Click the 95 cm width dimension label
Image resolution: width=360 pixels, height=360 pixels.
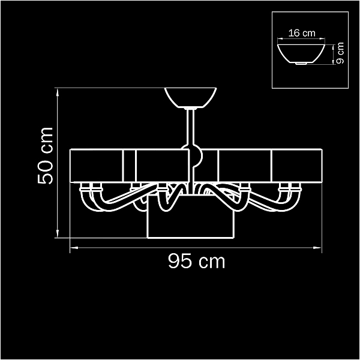coord(197,261)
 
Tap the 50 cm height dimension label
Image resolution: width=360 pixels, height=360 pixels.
coord(45,155)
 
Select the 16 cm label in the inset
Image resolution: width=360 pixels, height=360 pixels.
coord(302,33)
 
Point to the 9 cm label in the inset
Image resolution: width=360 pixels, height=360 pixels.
coord(340,53)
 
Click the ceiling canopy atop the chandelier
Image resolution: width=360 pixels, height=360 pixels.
coord(191,98)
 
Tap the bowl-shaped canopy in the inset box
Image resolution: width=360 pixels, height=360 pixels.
coord(301,54)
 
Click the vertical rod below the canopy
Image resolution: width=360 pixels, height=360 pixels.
coord(191,127)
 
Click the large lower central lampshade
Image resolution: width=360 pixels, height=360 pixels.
coord(191,217)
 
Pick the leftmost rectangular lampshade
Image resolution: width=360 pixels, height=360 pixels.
coord(97,166)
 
